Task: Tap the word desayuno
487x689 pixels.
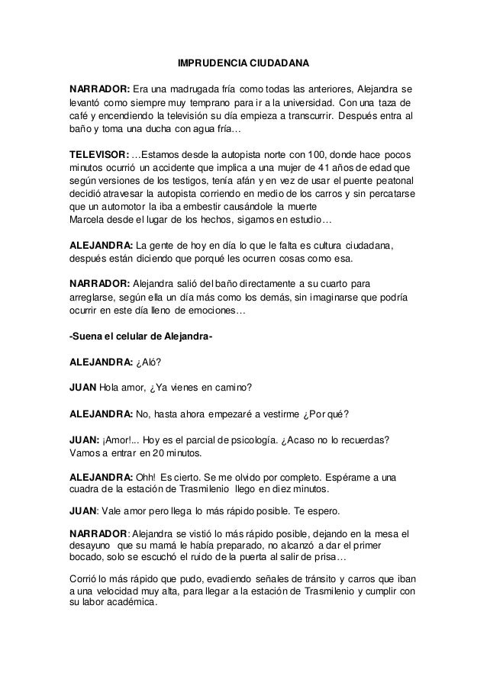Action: (91, 546)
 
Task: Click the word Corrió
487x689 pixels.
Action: (83, 578)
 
